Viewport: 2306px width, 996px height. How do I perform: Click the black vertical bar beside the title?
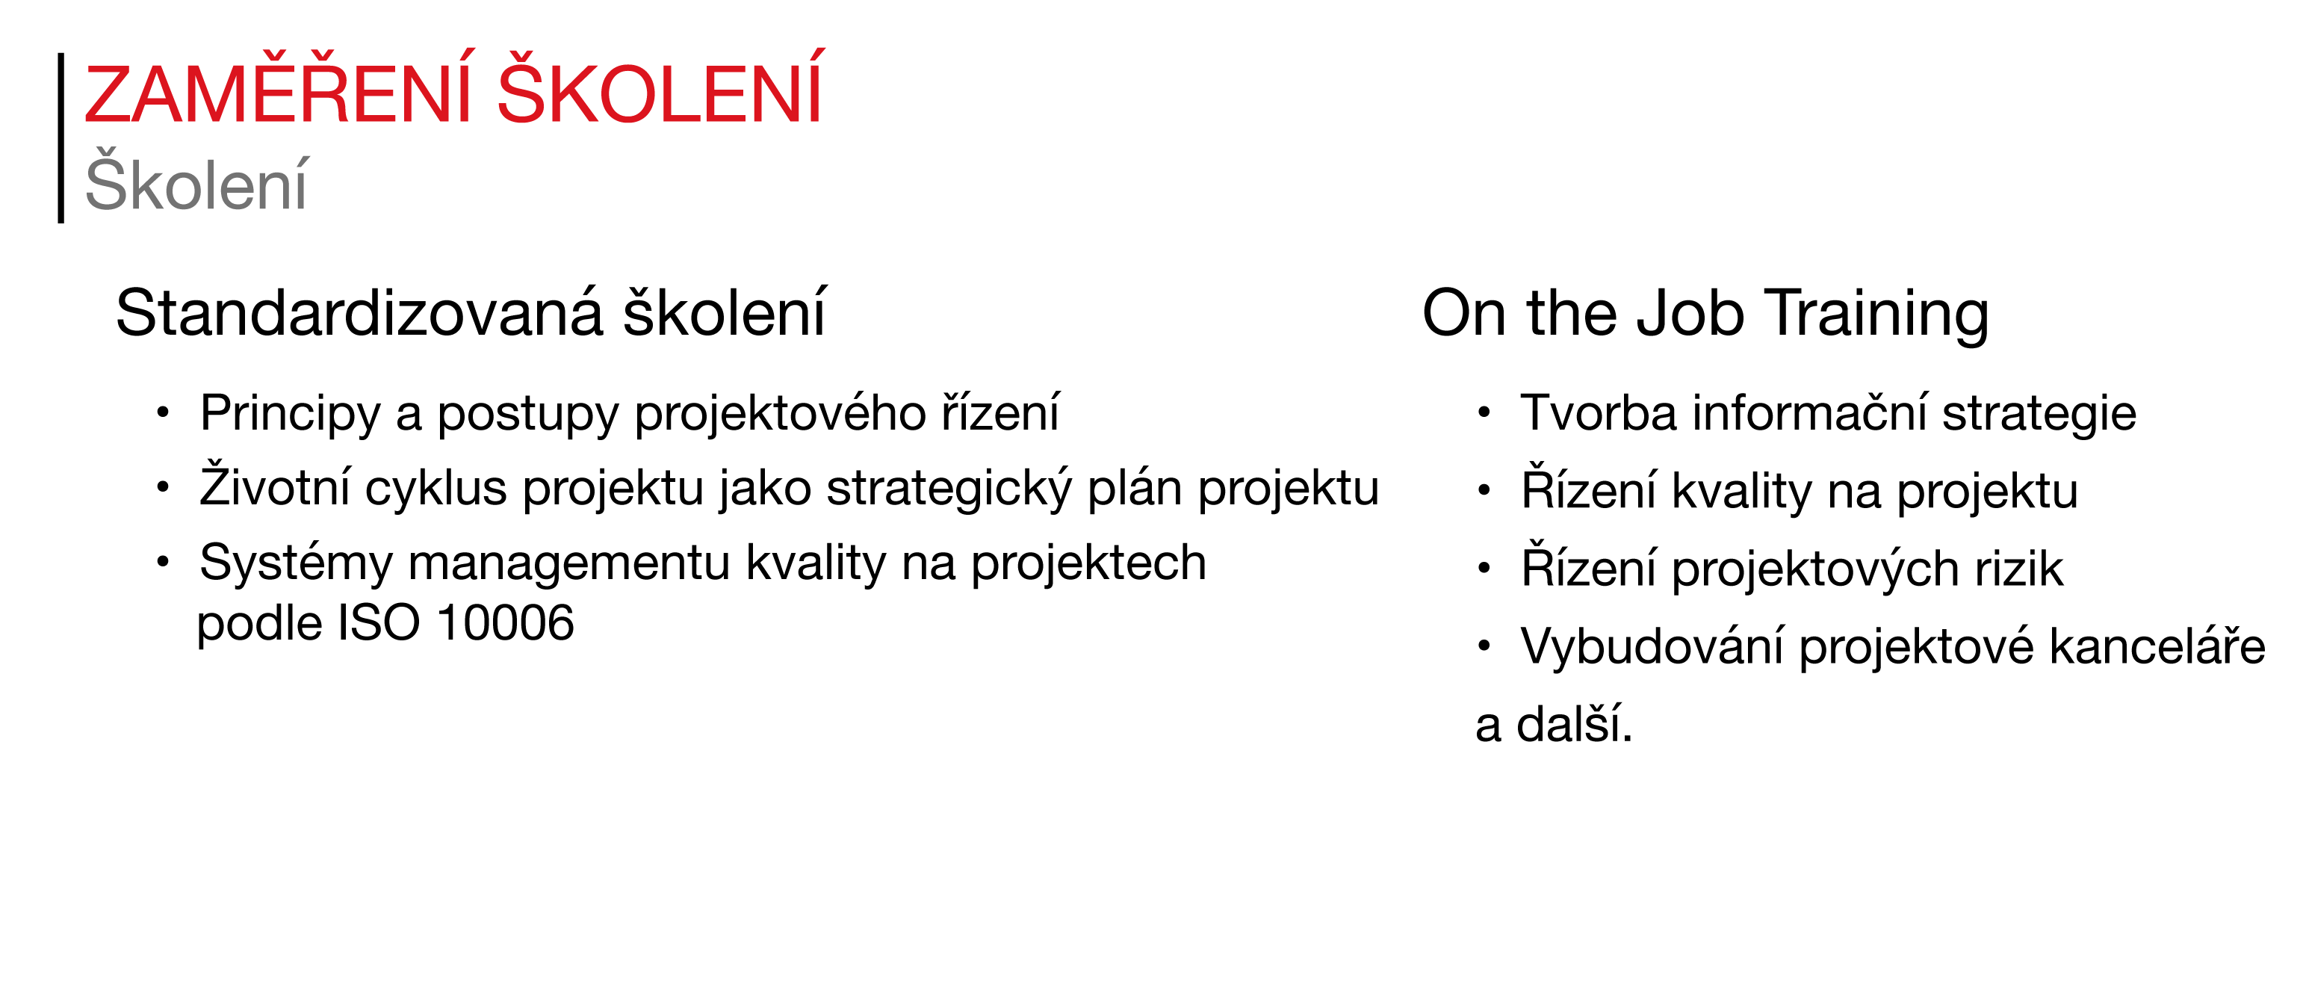point(61,138)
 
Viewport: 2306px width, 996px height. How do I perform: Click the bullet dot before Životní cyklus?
point(162,488)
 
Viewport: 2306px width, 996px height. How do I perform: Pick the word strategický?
point(948,488)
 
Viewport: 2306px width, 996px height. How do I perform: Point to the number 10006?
point(506,622)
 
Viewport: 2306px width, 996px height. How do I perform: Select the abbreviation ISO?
point(379,622)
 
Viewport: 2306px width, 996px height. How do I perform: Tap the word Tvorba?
point(1599,413)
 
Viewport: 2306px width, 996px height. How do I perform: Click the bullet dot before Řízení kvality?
point(1484,490)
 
